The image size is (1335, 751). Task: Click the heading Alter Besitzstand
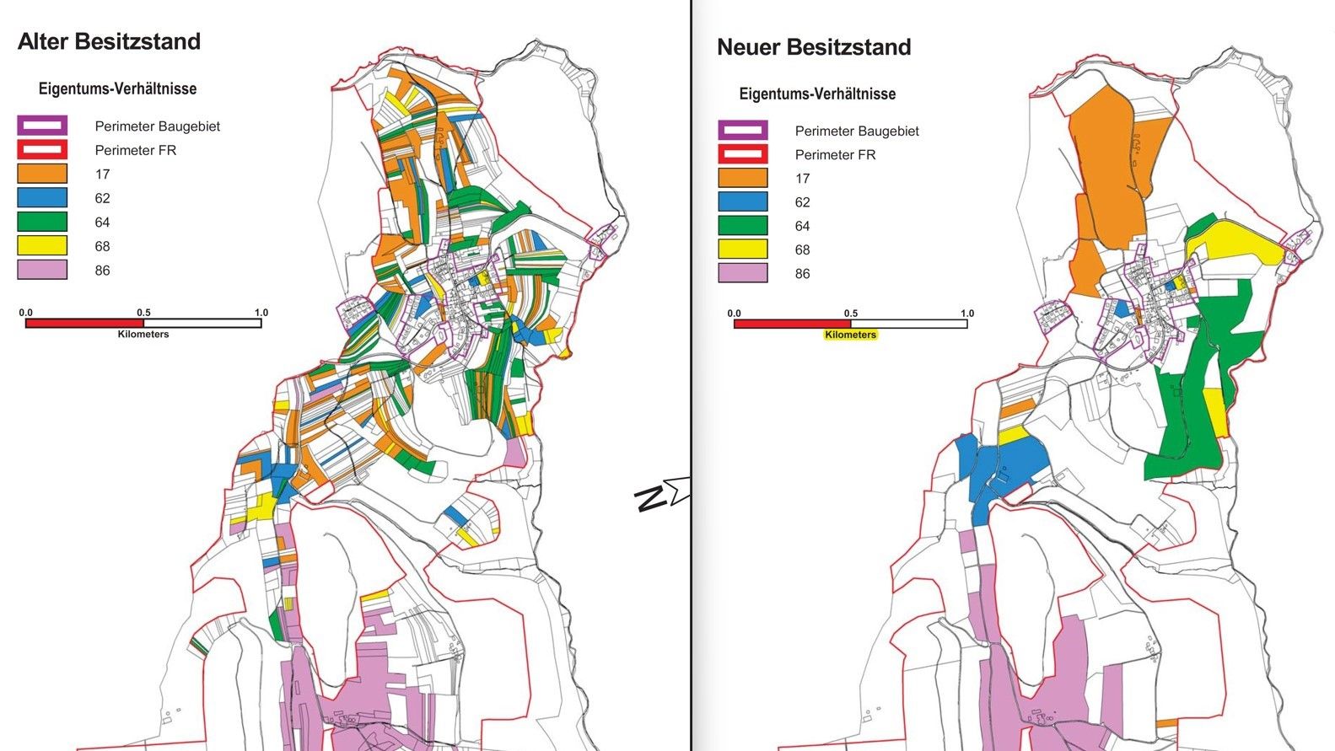click(109, 42)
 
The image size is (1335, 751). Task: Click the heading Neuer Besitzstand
click(814, 47)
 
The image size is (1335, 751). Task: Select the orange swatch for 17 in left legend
click(42, 174)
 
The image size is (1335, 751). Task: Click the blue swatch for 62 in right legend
click(743, 202)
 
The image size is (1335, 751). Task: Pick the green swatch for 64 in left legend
click(42, 223)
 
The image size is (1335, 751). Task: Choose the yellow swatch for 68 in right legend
click(743, 249)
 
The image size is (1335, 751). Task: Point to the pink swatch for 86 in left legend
click(42, 271)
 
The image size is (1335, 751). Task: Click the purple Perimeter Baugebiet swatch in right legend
click(743, 131)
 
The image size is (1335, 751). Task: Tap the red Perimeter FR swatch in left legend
click(42, 150)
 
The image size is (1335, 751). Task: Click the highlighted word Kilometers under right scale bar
click(850, 335)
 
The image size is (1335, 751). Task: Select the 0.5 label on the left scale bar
click(143, 312)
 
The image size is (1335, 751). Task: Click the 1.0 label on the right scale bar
click(966, 313)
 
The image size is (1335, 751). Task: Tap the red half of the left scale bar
click(84, 323)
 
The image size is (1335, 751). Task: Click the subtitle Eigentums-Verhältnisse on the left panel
click(117, 89)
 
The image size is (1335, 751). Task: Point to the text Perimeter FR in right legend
click(835, 155)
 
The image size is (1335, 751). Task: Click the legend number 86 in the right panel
click(802, 274)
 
